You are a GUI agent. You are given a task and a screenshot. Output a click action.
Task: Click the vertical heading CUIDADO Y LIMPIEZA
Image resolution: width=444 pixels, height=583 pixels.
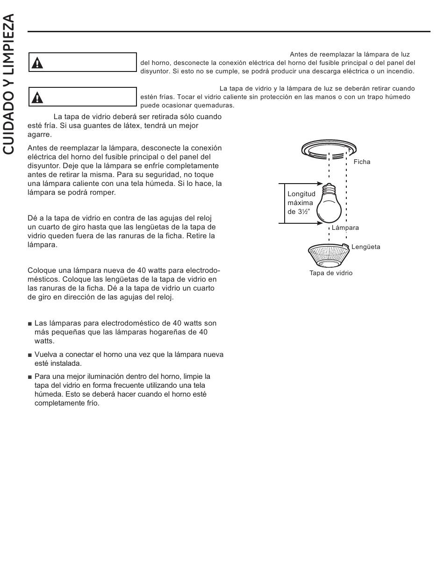click(x=10, y=84)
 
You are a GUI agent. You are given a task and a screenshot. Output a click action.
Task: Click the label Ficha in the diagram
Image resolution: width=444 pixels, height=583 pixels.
click(x=362, y=162)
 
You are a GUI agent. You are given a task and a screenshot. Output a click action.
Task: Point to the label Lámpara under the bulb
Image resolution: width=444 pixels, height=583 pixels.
click(x=345, y=228)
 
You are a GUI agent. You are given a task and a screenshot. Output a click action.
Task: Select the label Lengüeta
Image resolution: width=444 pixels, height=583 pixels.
click(x=365, y=247)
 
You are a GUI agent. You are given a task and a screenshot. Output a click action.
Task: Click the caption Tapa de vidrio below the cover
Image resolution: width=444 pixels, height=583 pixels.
click(x=331, y=273)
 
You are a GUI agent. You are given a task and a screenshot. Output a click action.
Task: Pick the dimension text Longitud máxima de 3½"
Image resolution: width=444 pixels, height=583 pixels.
click(x=301, y=202)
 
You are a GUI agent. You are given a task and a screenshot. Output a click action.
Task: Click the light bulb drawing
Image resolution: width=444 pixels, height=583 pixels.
click(x=329, y=206)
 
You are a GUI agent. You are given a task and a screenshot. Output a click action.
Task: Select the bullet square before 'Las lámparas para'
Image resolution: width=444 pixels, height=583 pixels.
click(x=30, y=324)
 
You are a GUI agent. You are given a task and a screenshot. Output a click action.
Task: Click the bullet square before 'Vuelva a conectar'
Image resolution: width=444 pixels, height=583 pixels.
click(x=30, y=355)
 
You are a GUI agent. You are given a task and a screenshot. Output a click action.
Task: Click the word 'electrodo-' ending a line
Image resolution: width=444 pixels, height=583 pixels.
click(x=203, y=270)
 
